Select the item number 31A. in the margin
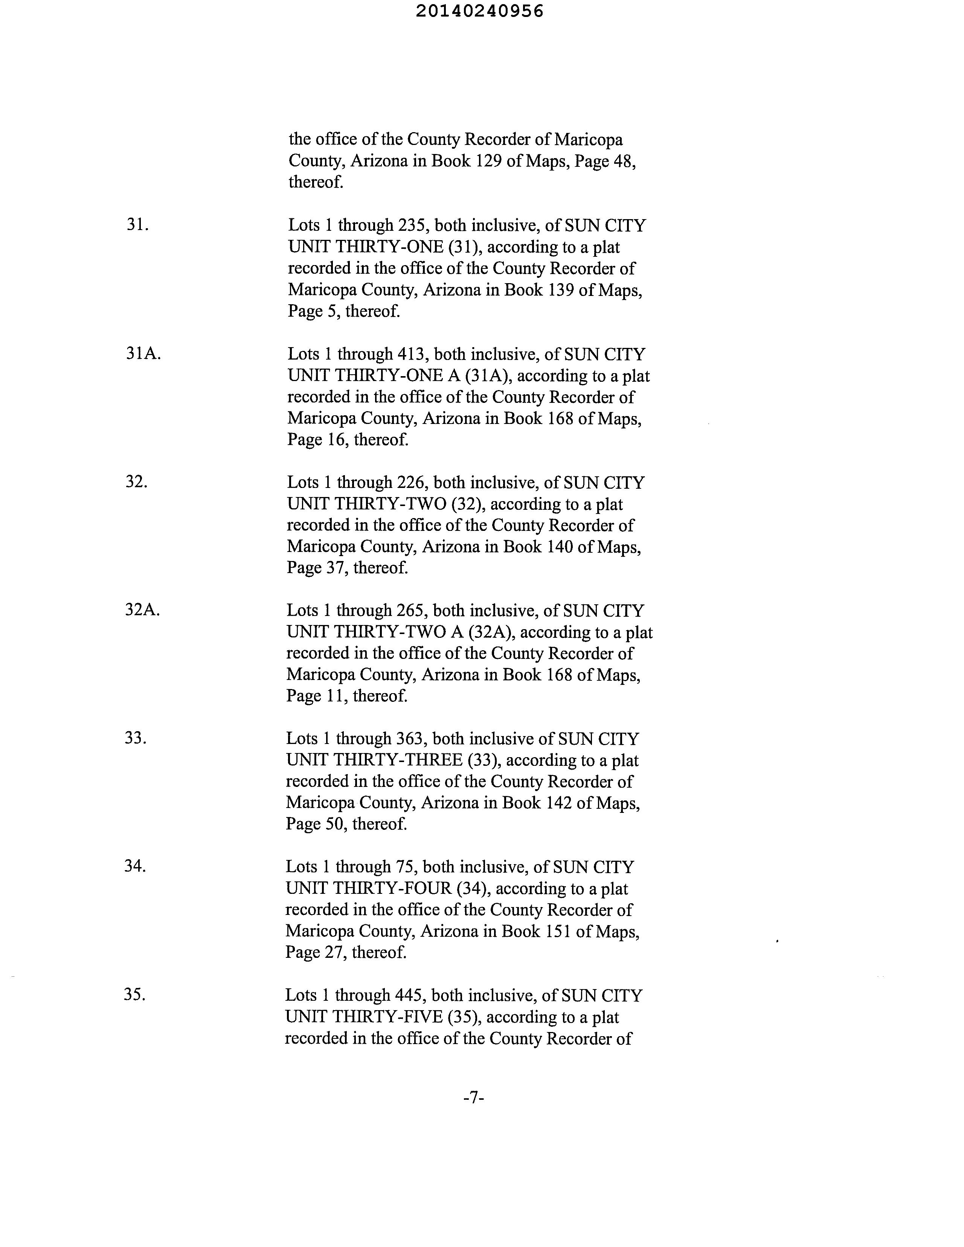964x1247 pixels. click(143, 354)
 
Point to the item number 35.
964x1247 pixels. click(135, 995)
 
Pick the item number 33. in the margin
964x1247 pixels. click(135, 738)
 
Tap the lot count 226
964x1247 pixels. click(410, 482)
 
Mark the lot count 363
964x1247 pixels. click(409, 739)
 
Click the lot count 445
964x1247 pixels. click(409, 995)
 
